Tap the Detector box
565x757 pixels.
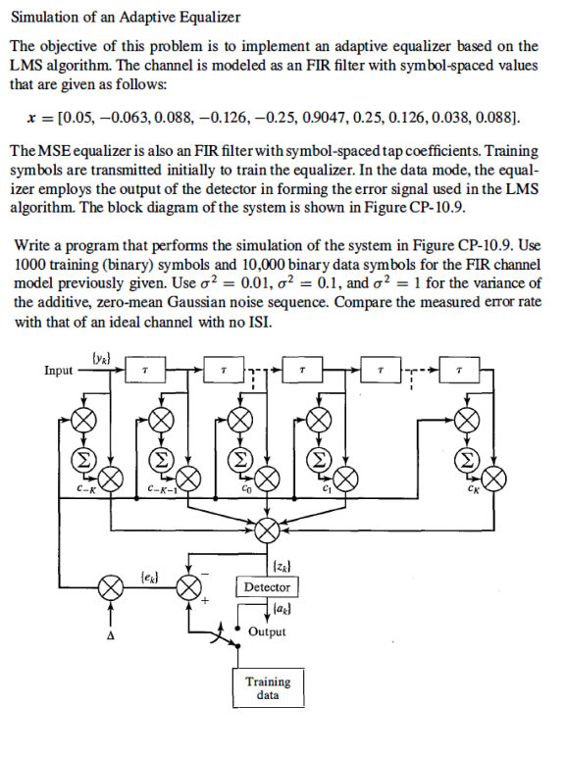click(267, 587)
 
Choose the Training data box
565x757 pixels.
click(268, 687)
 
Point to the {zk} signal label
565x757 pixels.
click(278, 565)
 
